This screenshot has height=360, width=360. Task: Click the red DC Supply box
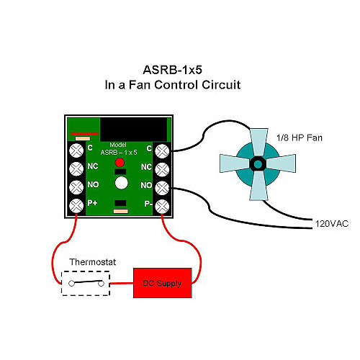[163, 283]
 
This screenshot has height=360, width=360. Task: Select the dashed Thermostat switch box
[86, 283]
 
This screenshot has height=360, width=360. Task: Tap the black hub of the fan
[258, 164]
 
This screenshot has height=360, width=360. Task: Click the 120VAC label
[332, 224]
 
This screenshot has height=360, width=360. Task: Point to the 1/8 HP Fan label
[300, 138]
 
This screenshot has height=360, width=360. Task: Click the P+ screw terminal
[76, 206]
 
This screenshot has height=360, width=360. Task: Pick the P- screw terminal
[162, 207]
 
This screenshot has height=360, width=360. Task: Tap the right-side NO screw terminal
[162, 188]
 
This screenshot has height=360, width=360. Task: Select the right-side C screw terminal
[162, 151]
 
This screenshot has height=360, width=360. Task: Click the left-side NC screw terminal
[76, 168]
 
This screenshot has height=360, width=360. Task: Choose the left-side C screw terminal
[76, 150]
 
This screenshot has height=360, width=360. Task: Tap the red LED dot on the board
[120, 163]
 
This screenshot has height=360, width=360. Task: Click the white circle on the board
[122, 183]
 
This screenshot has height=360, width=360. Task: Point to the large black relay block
[133, 130]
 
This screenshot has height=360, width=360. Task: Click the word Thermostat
[93, 262]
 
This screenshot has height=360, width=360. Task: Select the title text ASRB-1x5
[172, 70]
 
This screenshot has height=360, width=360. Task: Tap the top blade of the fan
[258, 143]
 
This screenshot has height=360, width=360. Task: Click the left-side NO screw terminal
[76, 187]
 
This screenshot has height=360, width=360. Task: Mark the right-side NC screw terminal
[162, 170]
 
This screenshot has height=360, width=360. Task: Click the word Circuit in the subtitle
[221, 85]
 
